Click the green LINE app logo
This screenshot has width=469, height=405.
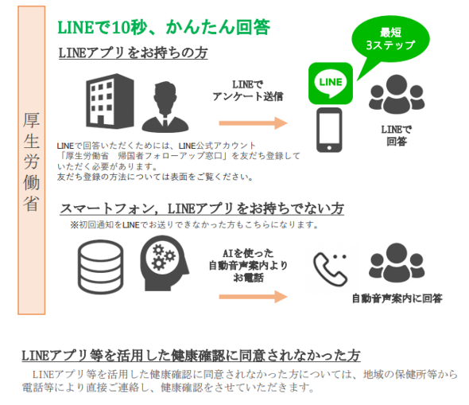(x=331, y=84)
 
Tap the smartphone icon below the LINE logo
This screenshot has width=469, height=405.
(x=329, y=130)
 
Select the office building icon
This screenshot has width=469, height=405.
(x=110, y=101)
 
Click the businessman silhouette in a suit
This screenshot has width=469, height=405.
(x=165, y=107)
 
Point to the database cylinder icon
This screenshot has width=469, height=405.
(x=100, y=267)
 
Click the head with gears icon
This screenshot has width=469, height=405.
(x=165, y=263)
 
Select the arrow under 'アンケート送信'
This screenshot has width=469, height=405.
(x=253, y=123)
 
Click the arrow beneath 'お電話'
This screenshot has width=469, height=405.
(x=253, y=297)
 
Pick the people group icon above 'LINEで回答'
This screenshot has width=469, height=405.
(x=397, y=94)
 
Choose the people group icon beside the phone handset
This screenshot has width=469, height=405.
(x=397, y=263)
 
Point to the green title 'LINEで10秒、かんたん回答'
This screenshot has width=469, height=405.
(x=164, y=27)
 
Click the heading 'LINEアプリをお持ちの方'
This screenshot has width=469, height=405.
(x=133, y=53)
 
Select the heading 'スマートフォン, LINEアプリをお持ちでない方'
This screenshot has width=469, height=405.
(x=202, y=208)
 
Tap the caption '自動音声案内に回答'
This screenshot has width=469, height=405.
(x=397, y=298)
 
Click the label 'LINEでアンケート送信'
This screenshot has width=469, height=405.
(x=248, y=91)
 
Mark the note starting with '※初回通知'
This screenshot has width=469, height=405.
(x=195, y=224)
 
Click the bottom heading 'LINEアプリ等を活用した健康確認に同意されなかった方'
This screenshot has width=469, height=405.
(x=191, y=356)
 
